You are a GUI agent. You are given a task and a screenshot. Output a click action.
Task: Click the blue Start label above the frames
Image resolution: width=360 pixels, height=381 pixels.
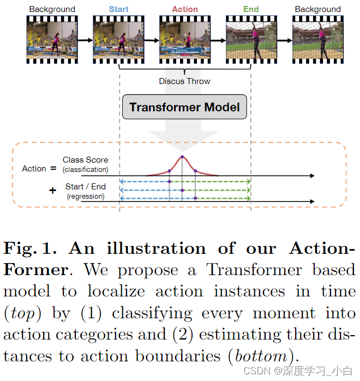point(119,9)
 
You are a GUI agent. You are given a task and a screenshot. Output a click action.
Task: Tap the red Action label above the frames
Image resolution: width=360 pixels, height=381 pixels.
point(185,9)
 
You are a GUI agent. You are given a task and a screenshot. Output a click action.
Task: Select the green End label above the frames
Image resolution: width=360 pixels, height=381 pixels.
point(251,9)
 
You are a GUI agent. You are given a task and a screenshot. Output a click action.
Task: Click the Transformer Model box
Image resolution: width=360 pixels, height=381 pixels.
point(184,107)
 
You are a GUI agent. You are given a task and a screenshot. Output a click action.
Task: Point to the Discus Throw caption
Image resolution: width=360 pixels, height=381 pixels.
point(184,81)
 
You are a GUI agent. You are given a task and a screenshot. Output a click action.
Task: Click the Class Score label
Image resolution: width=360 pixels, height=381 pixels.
point(85,160)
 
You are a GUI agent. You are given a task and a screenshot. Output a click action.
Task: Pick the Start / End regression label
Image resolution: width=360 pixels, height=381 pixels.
point(86,187)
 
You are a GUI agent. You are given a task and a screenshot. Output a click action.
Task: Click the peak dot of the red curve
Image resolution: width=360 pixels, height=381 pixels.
point(182,157)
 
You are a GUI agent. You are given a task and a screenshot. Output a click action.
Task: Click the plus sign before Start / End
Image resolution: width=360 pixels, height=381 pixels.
point(52,190)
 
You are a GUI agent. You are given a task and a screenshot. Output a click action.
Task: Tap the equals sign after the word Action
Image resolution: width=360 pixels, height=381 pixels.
point(53,168)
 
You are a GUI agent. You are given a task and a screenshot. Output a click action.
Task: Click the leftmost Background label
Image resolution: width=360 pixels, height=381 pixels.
point(52,9)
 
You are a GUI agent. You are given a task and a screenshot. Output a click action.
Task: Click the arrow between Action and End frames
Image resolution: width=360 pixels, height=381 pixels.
point(218,40)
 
